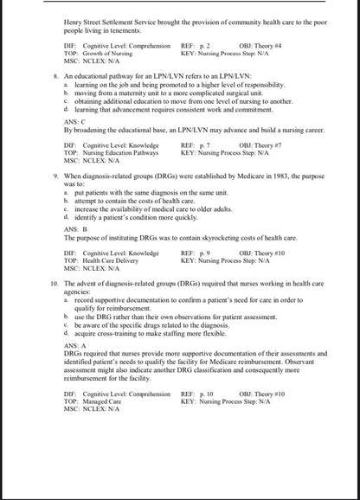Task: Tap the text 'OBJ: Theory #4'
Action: coord(263,42)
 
